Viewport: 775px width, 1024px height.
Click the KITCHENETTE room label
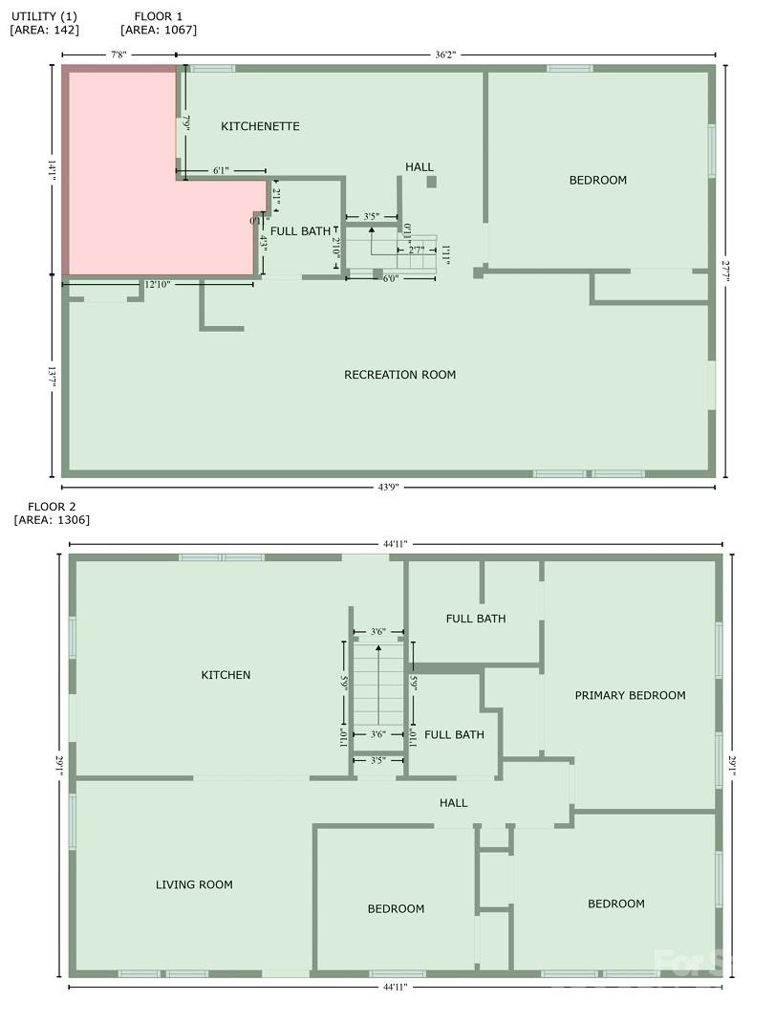click(260, 126)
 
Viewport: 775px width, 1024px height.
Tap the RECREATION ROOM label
click(399, 375)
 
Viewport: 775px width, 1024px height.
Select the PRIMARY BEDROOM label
click(630, 695)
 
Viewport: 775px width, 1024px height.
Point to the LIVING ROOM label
click(194, 884)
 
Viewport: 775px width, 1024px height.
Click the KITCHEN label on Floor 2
click(226, 675)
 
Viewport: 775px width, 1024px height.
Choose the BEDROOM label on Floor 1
click(598, 180)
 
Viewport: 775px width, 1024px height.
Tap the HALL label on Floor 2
click(453, 802)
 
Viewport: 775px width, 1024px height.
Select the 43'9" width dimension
click(387, 487)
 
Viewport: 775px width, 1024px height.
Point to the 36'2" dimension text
click(445, 55)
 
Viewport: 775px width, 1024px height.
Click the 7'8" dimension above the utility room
click(118, 55)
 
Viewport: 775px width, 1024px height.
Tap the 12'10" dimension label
click(158, 284)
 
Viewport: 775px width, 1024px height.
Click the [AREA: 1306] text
click(52, 520)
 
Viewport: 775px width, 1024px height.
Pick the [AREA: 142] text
click(45, 30)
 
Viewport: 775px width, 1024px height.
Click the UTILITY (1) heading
click(43, 16)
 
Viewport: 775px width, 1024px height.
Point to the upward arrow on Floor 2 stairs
click(379, 684)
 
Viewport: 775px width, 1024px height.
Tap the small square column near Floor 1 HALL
click(431, 182)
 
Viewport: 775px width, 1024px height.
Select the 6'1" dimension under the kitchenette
click(221, 171)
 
